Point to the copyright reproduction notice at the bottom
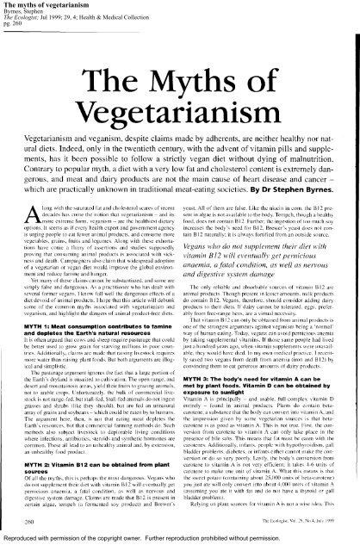pyautogui.click(x=181, y=542)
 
